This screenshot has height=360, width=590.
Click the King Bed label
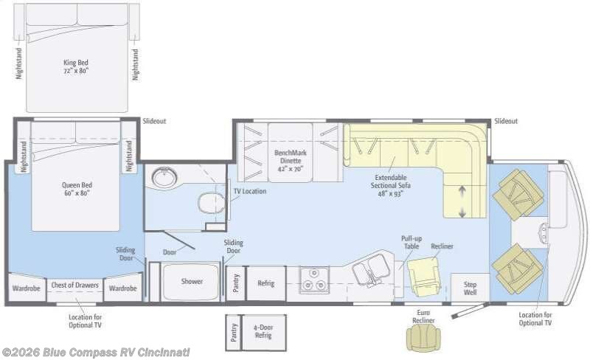tap(76, 66)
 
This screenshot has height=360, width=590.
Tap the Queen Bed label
tap(77, 189)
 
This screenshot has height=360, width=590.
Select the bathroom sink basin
tap(164, 176)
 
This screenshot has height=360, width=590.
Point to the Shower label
tap(192, 281)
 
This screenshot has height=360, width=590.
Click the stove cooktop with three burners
tap(315, 280)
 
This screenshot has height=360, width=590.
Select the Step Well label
tap(470, 288)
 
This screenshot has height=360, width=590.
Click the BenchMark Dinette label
tap(290, 161)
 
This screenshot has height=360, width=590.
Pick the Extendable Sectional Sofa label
tap(391, 186)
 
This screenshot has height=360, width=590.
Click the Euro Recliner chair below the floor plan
tap(423, 337)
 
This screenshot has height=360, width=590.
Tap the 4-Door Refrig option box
tap(263, 333)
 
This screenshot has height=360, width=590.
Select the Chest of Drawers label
tap(75, 285)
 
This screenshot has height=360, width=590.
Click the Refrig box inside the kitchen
tap(266, 283)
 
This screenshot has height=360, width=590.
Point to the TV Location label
tap(250, 191)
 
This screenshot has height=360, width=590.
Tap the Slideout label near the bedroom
tap(154, 121)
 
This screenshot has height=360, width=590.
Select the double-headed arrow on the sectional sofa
tap(462, 202)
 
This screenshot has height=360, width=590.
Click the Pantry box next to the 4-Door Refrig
tap(234, 333)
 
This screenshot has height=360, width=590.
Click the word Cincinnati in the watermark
tap(164, 353)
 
